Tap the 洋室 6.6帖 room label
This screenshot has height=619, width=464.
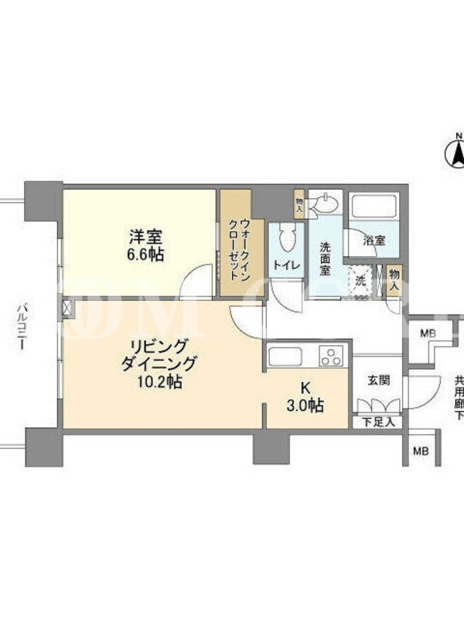[x=145, y=245]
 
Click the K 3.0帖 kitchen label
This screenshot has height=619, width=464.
[x=305, y=397]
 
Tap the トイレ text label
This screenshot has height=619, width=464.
[x=287, y=265]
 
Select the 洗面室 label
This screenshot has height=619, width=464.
[x=325, y=258]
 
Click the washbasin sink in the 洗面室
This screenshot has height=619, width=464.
[x=326, y=203]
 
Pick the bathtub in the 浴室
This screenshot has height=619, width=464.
[x=374, y=205]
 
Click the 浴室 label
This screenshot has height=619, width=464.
[x=374, y=240]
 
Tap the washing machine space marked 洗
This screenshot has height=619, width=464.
[x=360, y=282]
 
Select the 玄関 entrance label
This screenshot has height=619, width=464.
[x=379, y=381]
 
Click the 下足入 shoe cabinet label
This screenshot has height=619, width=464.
[x=378, y=422]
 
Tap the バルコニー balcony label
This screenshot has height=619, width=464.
[x=22, y=326]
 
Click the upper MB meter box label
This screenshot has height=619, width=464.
[x=428, y=334]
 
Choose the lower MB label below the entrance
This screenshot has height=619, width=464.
[x=421, y=451]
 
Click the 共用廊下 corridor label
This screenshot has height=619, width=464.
[x=459, y=398]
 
